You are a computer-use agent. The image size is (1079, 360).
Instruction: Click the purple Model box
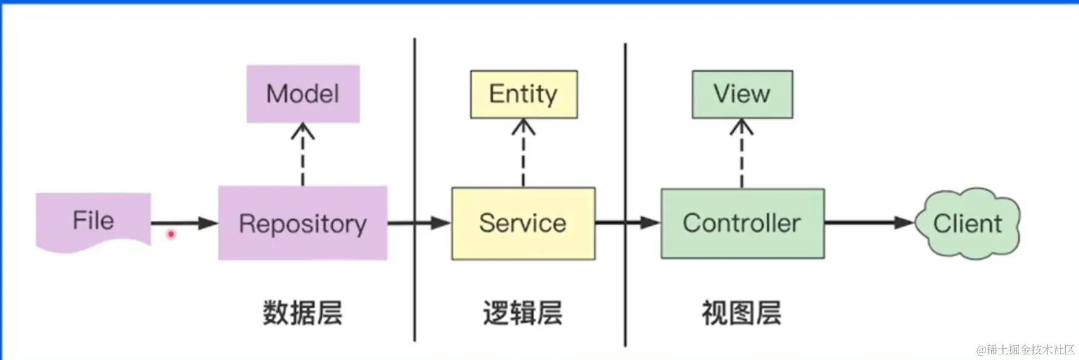(303, 94)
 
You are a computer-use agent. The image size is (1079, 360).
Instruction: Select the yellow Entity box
(523, 94)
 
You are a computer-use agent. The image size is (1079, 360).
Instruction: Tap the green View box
(741, 94)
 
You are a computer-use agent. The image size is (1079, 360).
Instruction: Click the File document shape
(93, 221)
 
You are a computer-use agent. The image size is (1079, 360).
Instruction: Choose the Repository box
(302, 223)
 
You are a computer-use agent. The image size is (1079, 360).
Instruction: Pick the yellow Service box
(523, 223)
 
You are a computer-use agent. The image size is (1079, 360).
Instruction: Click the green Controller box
(742, 223)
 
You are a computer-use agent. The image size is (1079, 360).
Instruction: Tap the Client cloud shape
(967, 223)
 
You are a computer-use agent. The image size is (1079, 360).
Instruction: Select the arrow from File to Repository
(184, 223)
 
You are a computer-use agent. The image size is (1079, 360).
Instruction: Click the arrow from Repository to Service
(419, 223)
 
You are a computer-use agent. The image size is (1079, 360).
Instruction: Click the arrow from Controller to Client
(869, 223)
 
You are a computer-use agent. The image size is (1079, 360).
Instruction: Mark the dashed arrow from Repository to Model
(302, 155)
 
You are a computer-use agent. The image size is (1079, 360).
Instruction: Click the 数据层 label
(302, 312)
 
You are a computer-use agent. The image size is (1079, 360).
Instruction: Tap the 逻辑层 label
(522, 313)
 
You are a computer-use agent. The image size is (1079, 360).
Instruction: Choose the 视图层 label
(741, 313)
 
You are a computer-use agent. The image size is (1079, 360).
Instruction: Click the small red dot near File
(171, 234)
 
